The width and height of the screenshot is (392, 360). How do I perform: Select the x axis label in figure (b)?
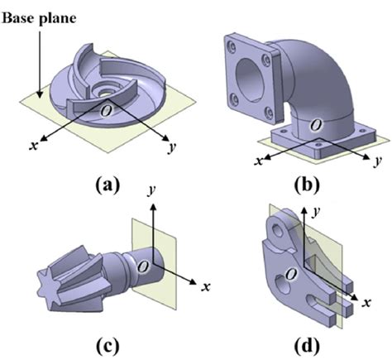[x=258, y=160]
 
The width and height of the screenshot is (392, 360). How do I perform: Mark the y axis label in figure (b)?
[x=377, y=158]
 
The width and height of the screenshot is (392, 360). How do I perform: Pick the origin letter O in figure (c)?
[x=142, y=266]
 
